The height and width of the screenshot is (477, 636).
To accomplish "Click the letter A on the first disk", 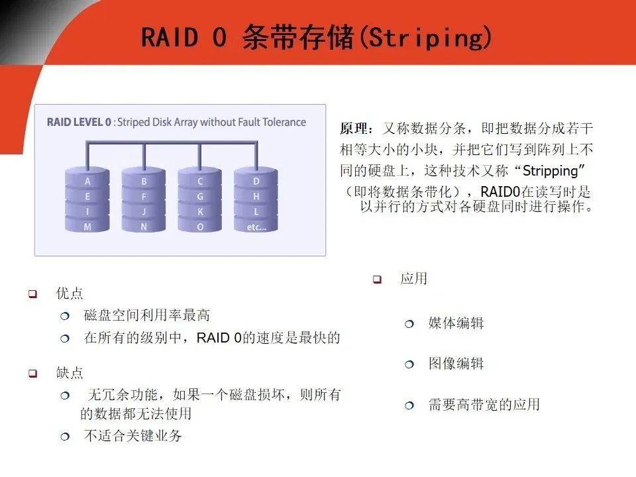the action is tap(87, 182).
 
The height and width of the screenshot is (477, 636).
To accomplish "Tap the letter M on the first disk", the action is tap(87, 227).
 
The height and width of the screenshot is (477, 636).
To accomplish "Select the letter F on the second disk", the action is tap(144, 197).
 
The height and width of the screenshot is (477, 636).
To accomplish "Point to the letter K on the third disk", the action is tap(200, 212).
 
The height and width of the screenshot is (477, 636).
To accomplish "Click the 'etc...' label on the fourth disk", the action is tap(256, 227).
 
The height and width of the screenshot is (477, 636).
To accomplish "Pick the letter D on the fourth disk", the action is tap(256, 182).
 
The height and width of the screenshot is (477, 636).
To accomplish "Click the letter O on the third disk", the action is tap(200, 227).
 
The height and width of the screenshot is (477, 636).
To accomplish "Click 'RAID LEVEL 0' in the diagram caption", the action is tap(79, 122).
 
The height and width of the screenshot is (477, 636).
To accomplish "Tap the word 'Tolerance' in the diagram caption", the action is tap(284, 122).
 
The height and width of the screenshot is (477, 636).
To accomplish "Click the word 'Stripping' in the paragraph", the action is tap(551, 171).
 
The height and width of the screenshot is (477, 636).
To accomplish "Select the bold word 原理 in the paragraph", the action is tap(353, 129).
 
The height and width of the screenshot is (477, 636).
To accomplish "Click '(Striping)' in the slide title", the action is tap(425, 37).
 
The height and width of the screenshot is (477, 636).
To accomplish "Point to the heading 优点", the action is tap(70, 293).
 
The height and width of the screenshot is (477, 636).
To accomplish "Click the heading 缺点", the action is tap(70, 372).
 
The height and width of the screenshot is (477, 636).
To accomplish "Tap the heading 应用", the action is tap(413, 279).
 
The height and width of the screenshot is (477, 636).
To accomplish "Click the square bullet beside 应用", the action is tap(377, 280).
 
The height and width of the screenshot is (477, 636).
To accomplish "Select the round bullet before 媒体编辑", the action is tap(409, 324).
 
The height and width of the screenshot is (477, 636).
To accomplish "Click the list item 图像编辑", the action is tap(456, 364).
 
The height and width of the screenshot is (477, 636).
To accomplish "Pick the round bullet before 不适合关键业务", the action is tap(65, 437).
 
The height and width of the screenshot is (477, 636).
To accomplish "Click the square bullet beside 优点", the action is tap(33, 293).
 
